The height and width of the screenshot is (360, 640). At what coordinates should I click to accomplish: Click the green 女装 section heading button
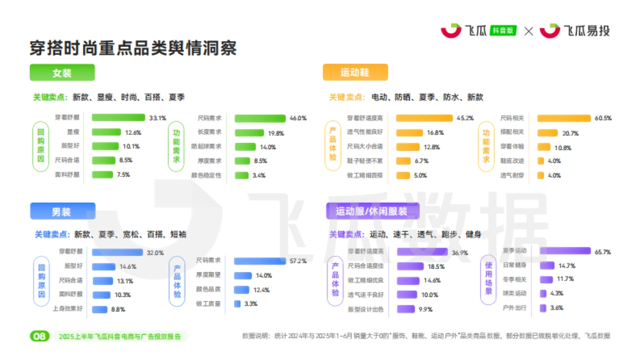(x=62, y=73)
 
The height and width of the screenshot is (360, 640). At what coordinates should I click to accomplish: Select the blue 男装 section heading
(x=62, y=212)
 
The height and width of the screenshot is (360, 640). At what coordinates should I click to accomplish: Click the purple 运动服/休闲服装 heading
(x=372, y=211)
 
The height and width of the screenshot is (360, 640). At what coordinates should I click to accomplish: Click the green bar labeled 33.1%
(x=118, y=117)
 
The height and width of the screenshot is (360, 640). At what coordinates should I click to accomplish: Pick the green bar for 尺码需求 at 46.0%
(x=260, y=118)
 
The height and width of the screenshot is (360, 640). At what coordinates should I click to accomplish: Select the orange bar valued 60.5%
(x=564, y=118)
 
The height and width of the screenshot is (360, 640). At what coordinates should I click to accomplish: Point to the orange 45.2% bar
(x=424, y=118)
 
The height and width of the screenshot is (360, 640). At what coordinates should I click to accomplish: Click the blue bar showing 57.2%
(x=260, y=261)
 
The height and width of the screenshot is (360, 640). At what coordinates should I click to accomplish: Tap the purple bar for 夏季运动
(x=565, y=251)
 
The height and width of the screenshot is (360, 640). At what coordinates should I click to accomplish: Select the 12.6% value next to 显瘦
(x=133, y=132)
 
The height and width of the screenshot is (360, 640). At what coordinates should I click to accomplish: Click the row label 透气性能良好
(x=365, y=132)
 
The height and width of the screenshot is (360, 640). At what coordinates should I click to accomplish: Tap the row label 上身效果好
(x=67, y=308)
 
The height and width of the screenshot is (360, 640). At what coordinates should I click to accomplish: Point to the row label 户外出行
(x=515, y=308)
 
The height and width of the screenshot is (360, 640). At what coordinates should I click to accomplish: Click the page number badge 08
(x=40, y=336)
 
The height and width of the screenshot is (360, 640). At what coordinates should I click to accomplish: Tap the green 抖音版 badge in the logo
(x=503, y=30)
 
